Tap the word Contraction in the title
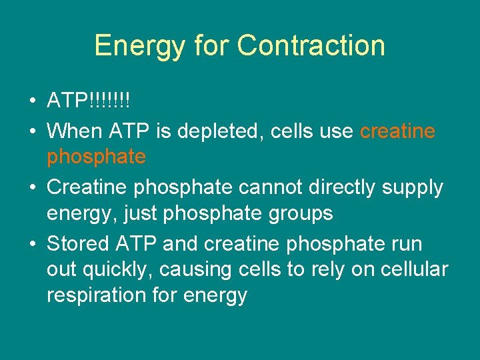coord(311,46)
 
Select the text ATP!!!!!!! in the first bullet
coord(88,102)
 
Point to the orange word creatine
coord(397,131)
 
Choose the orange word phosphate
coord(96,157)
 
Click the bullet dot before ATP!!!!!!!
coord(32,103)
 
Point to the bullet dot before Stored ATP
coord(32,244)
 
